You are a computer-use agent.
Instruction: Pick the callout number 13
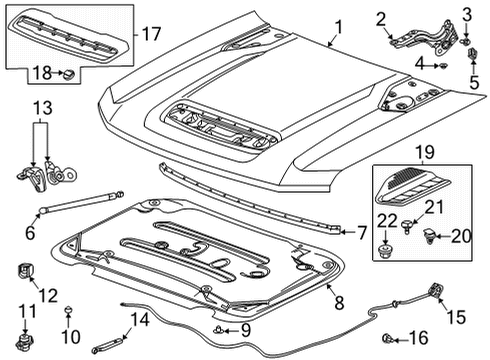click(x=41, y=108)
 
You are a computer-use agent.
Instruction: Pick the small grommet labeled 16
click(x=444, y=337)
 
